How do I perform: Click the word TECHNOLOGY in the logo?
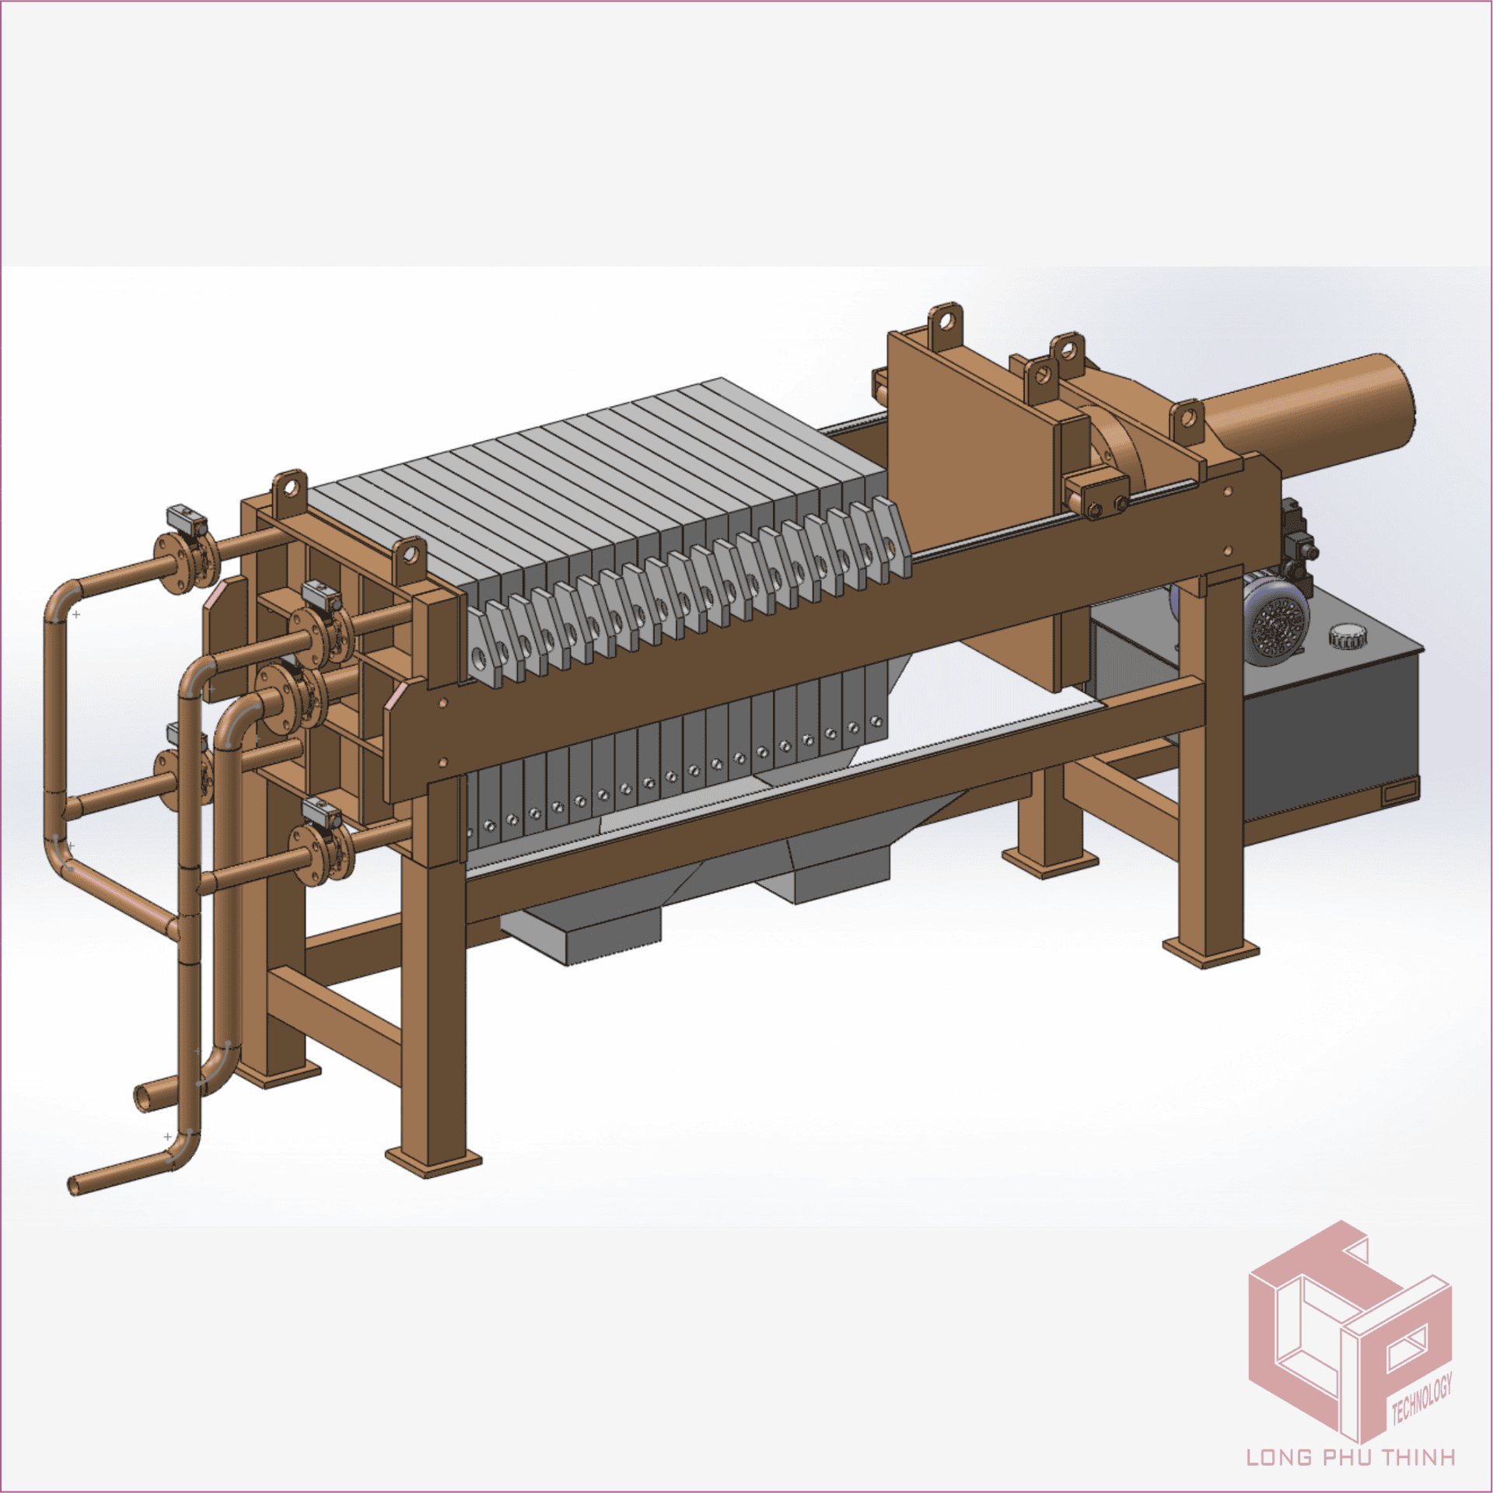(1421, 1399)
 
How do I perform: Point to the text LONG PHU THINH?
(1351, 1456)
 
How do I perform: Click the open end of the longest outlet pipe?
(74, 1186)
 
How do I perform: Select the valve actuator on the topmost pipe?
(186, 517)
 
